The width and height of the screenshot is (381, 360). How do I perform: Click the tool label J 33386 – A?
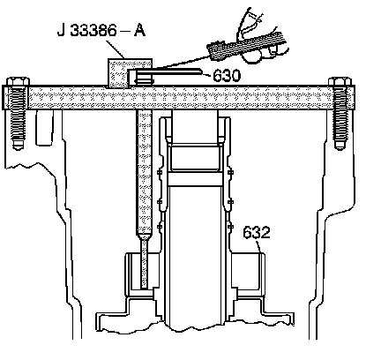[101, 31]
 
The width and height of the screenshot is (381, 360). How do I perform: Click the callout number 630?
[227, 76]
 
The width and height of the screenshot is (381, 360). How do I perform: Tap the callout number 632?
[257, 232]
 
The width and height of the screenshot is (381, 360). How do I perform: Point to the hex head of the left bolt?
[18, 81]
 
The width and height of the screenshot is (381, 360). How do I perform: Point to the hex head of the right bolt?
[340, 81]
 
